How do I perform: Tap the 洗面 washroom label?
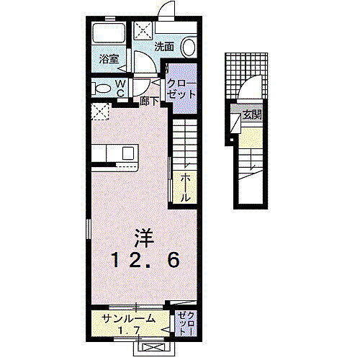tap(163, 46)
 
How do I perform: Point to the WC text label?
tap(120, 87)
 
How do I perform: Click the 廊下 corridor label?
tap(149, 102)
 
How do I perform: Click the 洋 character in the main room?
tap(142, 236)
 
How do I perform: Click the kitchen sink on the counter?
tap(127, 153)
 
